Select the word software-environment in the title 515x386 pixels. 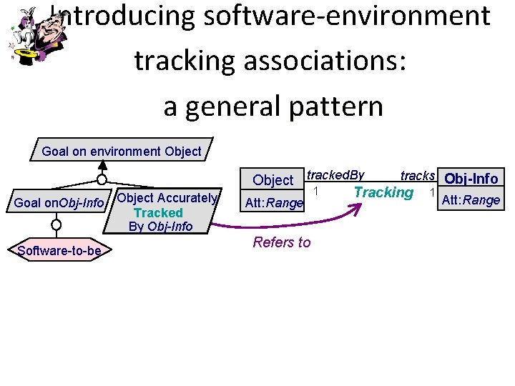347,16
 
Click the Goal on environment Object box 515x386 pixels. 122,151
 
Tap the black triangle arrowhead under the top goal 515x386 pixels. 102,167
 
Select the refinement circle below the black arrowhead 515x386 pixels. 102,179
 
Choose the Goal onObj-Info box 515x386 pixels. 59,203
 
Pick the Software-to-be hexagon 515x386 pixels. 59,250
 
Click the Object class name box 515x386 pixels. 273,180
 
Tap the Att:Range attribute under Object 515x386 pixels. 274,203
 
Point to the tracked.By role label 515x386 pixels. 335,175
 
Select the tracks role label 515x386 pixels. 418,176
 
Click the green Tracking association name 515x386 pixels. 383,192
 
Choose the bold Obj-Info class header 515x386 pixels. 471,179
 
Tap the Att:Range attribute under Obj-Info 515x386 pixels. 471,200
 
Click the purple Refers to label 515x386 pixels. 282,242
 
